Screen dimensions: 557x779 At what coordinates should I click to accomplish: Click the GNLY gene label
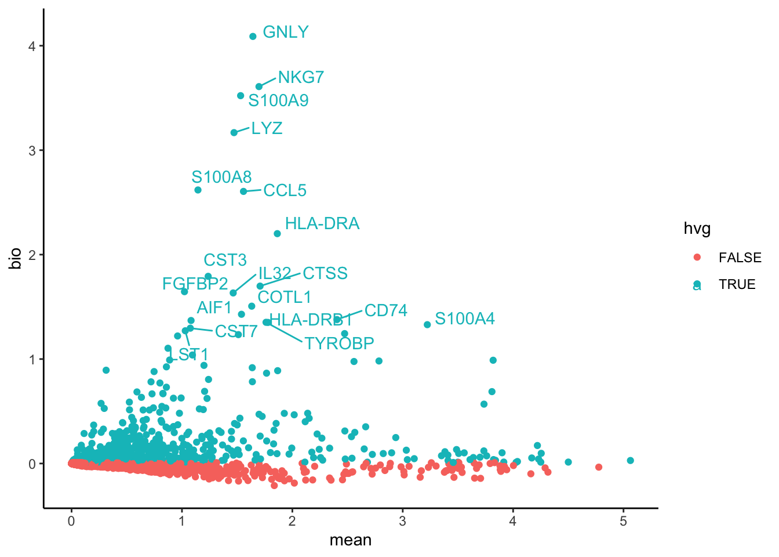click(x=285, y=32)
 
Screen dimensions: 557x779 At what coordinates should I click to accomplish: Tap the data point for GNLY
click(x=253, y=37)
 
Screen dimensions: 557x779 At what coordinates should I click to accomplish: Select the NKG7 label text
click(x=301, y=77)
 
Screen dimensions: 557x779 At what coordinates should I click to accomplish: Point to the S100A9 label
click(x=278, y=100)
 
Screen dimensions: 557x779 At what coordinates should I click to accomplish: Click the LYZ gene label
click(x=267, y=128)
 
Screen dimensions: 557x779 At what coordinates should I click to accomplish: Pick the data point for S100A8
click(x=198, y=190)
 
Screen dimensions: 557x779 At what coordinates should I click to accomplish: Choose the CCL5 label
click(x=285, y=190)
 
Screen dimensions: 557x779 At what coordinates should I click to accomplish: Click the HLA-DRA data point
click(x=277, y=234)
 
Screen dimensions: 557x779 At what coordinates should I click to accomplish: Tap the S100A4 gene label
click(x=464, y=319)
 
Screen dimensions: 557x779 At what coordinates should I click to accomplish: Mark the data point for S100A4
click(x=427, y=325)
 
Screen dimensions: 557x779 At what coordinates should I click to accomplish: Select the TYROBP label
click(x=339, y=343)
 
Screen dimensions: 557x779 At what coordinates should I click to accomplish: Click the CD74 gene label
click(x=385, y=310)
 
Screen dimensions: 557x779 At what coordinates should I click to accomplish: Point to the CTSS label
click(x=325, y=273)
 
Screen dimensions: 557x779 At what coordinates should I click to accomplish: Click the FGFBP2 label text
click(x=195, y=284)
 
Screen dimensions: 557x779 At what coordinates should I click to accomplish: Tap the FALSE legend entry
click(x=740, y=258)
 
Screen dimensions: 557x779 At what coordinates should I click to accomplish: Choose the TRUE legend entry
click(x=737, y=284)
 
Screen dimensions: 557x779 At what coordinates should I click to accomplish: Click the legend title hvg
click(x=697, y=229)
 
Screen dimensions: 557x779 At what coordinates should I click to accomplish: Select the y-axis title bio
click(x=16, y=259)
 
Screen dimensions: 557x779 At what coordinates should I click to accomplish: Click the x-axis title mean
click(x=350, y=540)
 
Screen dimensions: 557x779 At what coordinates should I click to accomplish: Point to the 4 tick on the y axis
click(x=32, y=46)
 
